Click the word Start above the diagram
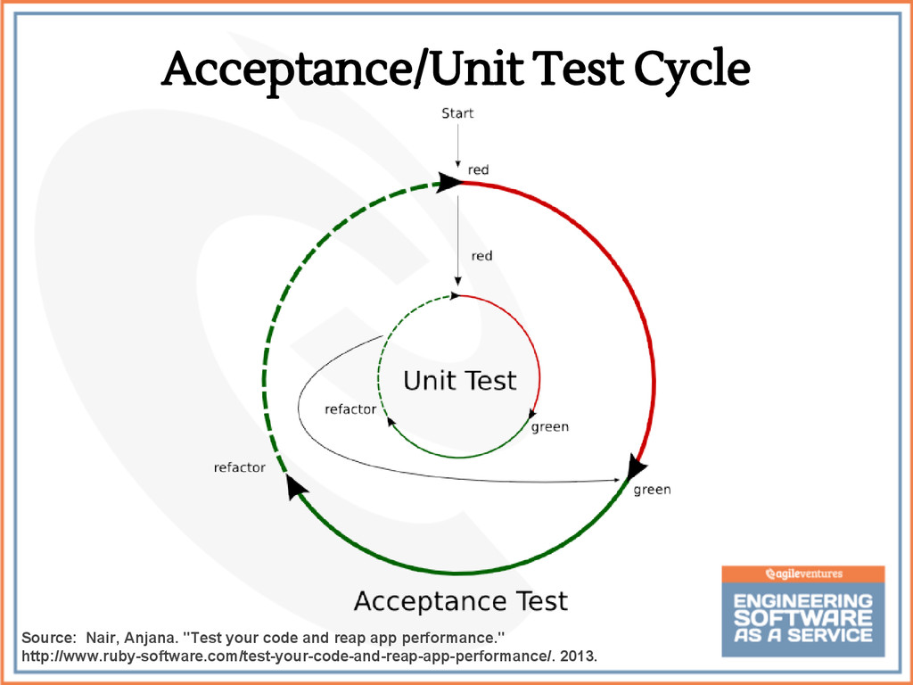click(457, 114)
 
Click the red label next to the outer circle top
click(478, 169)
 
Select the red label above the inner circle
click(481, 256)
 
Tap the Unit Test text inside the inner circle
click(459, 382)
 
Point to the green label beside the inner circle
click(549, 427)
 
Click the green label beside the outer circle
click(652, 490)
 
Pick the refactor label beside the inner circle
click(350, 410)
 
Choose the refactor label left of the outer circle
click(239, 467)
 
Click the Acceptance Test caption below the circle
click(460, 601)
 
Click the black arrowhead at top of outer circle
click(448, 182)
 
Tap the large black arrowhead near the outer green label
click(635, 466)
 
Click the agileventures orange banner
click(803, 574)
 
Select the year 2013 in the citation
click(580, 658)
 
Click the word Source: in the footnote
click(47, 639)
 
